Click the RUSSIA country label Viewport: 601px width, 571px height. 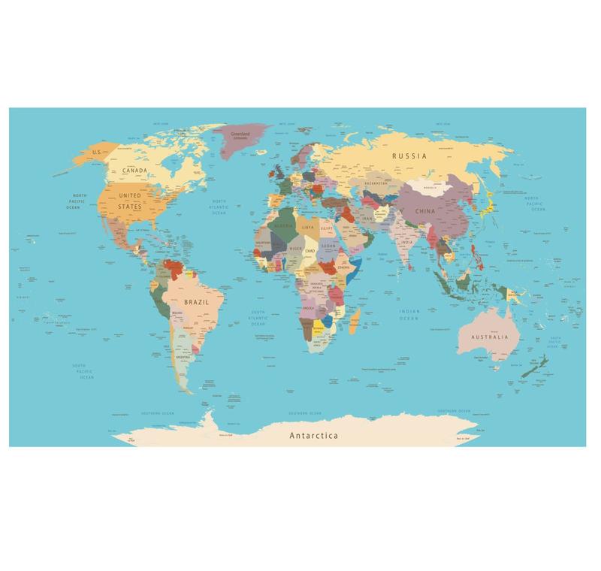click(409, 156)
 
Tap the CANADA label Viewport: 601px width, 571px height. click(134, 171)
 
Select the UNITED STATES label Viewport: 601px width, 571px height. click(129, 200)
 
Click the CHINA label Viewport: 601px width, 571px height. click(424, 212)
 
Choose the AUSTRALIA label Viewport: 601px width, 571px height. click(489, 337)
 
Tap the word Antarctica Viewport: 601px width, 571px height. click(313, 436)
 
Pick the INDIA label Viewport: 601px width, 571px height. click(406, 243)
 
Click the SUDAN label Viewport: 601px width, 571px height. click(328, 246)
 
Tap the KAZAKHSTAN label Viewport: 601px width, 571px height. click(376, 183)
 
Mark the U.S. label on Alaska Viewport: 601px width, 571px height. click(95, 153)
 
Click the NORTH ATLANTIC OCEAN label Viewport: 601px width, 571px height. click(219, 207)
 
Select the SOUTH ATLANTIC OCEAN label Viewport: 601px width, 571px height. click(258, 315)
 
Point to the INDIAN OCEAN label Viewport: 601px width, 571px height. click(409, 315)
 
